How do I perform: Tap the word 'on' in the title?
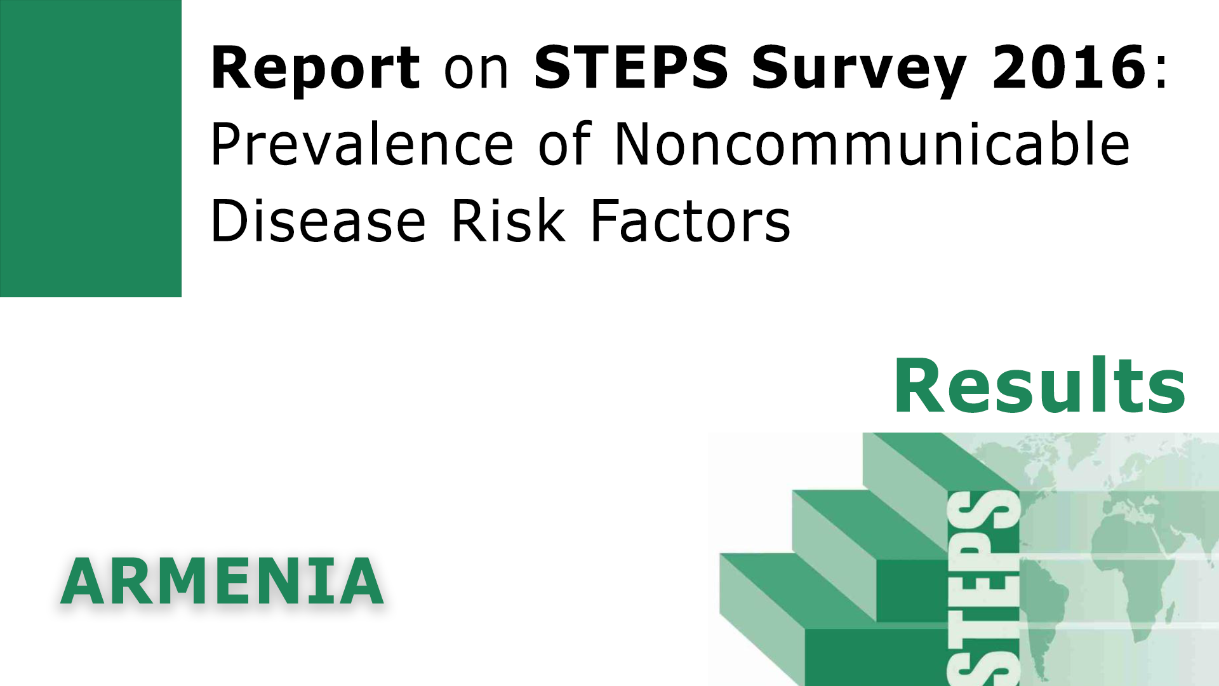tap(476, 69)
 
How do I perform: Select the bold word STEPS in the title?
tap(630, 67)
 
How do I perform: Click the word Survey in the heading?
tap(859, 69)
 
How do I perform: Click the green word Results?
tap(1039, 386)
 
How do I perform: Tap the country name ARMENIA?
tap(222, 582)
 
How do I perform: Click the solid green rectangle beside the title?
tap(91, 148)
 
